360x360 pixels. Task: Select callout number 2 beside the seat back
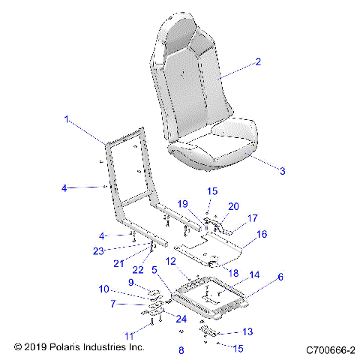pos(258,62)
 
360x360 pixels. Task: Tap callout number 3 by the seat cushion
pos(261,172)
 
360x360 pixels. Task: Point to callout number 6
pos(280,277)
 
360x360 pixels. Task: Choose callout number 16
pos(262,235)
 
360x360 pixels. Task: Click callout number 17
pos(253,218)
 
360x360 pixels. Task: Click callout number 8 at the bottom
pos(181,350)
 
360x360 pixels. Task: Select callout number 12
pos(171,260)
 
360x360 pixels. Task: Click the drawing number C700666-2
pos(330,349)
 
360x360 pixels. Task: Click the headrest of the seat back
pos(182,34)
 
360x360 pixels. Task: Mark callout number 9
pos(130,282)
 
